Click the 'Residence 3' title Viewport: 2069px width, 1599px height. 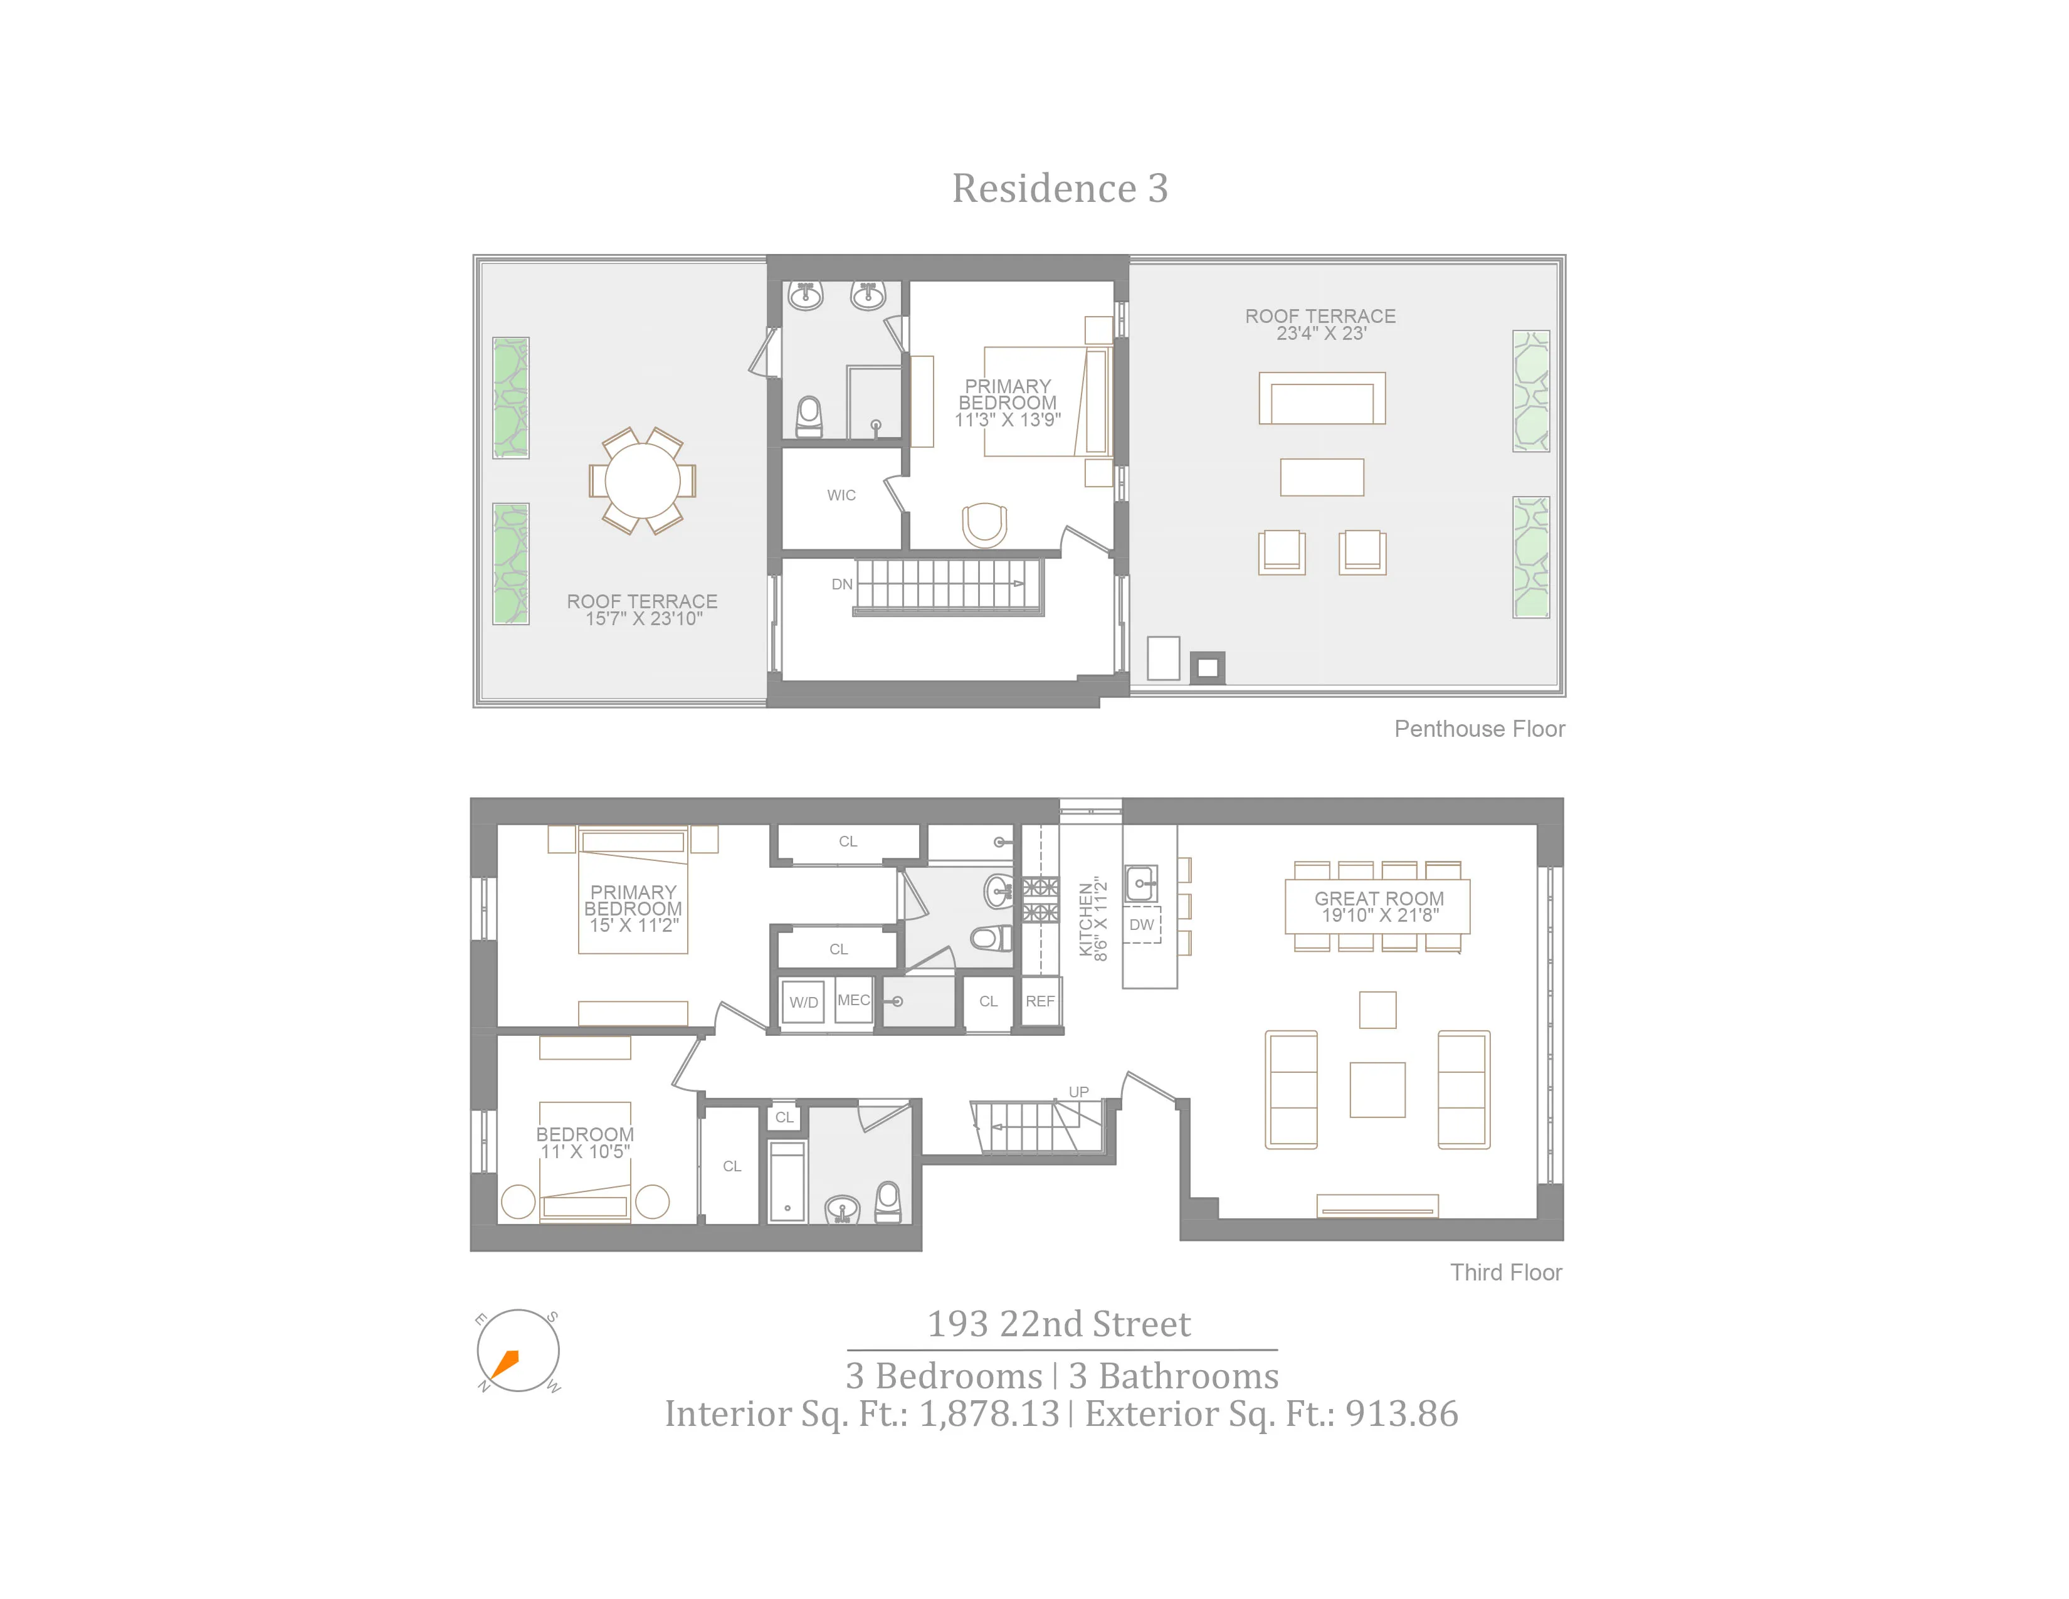(x=1059, y=189)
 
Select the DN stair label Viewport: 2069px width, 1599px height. (x=841, y=584)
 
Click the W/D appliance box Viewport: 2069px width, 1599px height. (x=803, y=1002)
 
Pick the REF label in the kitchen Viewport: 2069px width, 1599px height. (x=1040, y=1001)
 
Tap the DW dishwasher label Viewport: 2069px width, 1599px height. (x=1142, y=924)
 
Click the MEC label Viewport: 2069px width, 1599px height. (x=853, y=1000)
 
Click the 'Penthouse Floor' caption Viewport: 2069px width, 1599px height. (x=1479, y=729)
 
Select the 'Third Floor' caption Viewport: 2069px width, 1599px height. (x=1505, y=1273)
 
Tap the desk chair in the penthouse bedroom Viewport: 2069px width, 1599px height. (x=984, y=524)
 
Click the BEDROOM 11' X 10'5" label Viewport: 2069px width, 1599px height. (x=584, y=1143)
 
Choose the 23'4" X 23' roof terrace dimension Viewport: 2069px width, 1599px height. (x=1320, y=334)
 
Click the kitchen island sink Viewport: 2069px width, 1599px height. (x=1140, y=883)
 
